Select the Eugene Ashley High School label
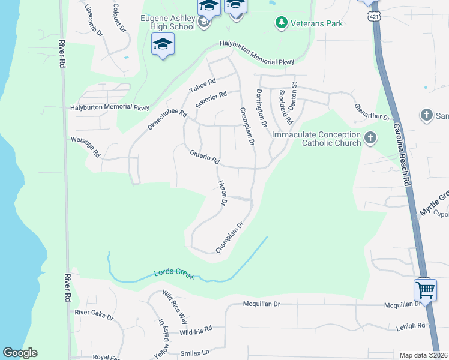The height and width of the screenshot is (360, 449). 167,22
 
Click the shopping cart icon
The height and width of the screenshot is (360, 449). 426,290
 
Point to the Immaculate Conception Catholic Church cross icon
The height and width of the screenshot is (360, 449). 370,139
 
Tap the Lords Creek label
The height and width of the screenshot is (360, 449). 173,273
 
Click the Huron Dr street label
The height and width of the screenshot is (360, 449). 222,194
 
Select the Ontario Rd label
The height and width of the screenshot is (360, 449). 205,158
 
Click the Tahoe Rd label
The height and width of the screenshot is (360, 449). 202,86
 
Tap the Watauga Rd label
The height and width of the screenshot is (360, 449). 85,146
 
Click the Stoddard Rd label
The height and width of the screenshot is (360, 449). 285,107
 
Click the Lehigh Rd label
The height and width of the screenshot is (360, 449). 410,325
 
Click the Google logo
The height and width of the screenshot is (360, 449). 20,353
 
